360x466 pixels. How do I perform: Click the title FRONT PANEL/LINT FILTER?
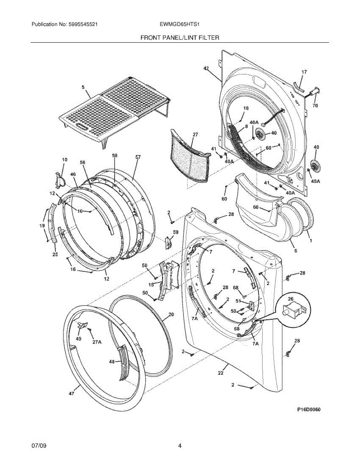click(180, 38)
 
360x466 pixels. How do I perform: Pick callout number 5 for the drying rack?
click(83, 88)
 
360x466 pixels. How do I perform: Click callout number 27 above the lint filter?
click(195, 134)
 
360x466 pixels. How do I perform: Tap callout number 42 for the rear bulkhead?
click(206, 68)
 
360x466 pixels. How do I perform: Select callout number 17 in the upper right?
click(304, 72)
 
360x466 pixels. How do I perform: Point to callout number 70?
click(315, 105)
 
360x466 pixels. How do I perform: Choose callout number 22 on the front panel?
click(221, 373)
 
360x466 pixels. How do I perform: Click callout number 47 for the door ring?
click(71, 394)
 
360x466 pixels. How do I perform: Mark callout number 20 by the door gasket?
click(171, 314)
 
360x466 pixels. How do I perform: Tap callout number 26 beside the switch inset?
click(290, 299)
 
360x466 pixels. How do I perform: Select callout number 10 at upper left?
click(64, 160)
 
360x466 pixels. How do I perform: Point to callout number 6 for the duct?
click(296, 251)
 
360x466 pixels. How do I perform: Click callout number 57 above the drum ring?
click(138, 157)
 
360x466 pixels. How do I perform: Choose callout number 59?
click(176, 232)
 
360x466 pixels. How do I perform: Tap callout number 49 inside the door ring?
click(79, 339)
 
